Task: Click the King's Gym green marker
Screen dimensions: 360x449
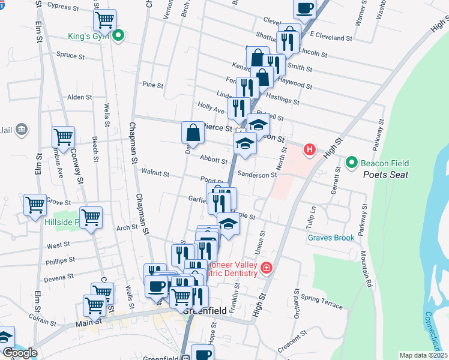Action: coord(119,36)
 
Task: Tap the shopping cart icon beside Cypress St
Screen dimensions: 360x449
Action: coord(104,20)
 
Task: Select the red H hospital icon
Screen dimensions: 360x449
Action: coord(310,149)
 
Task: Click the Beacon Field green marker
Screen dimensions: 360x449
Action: coord(352,162)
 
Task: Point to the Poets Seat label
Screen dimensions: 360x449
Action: coord(385,175)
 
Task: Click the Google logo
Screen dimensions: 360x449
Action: coord(19,353)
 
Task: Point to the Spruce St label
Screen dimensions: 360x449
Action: coord(70,55)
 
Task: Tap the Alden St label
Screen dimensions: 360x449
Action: coord(79,97)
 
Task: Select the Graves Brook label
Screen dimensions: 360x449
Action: coord(331,238)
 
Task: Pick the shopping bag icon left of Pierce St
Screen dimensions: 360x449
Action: coord(192,132)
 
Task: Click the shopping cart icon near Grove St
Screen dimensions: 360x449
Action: coord(35,205)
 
